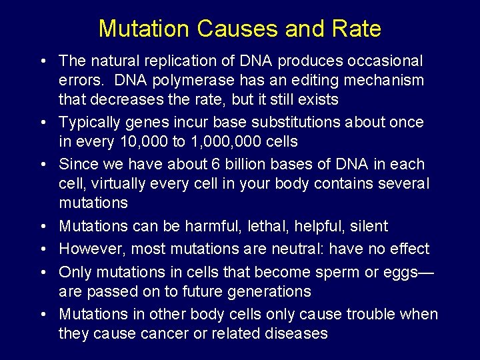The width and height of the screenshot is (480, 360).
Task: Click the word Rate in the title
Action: (357, 29)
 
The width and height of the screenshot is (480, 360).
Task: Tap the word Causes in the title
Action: (229, 29)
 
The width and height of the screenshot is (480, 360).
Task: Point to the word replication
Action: (175, 61)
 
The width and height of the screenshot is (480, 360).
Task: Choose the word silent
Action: (367, 227)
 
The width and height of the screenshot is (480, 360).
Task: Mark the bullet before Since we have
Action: (42, 165)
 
